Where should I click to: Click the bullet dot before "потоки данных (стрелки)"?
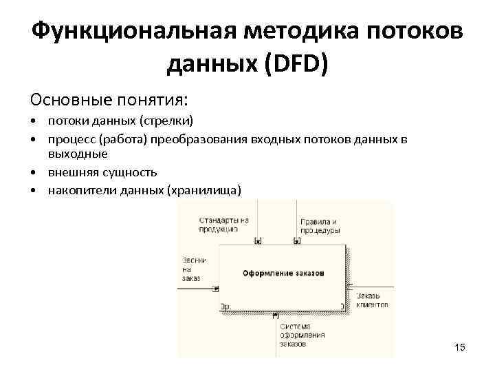pos(32,122)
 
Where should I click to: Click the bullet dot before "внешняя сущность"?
pos(32,173)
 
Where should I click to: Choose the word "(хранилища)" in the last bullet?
pos(204,190)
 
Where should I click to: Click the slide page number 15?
pos(460,347)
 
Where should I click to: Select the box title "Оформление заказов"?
pos(282,273)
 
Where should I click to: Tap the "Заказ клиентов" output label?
pos(372,300)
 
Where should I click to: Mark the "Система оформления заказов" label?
pos(301,335)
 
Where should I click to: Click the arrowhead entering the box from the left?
pos(216,289)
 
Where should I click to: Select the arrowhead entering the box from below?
pos(276,316)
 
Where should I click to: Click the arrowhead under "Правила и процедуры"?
pos(297,240)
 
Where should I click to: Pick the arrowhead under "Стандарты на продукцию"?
pos(257,240)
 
